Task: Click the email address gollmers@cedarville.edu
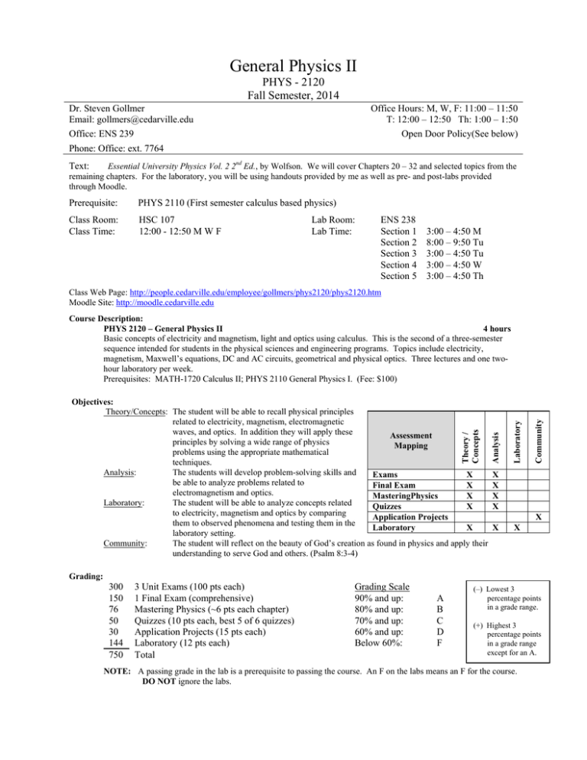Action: [122, 119]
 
